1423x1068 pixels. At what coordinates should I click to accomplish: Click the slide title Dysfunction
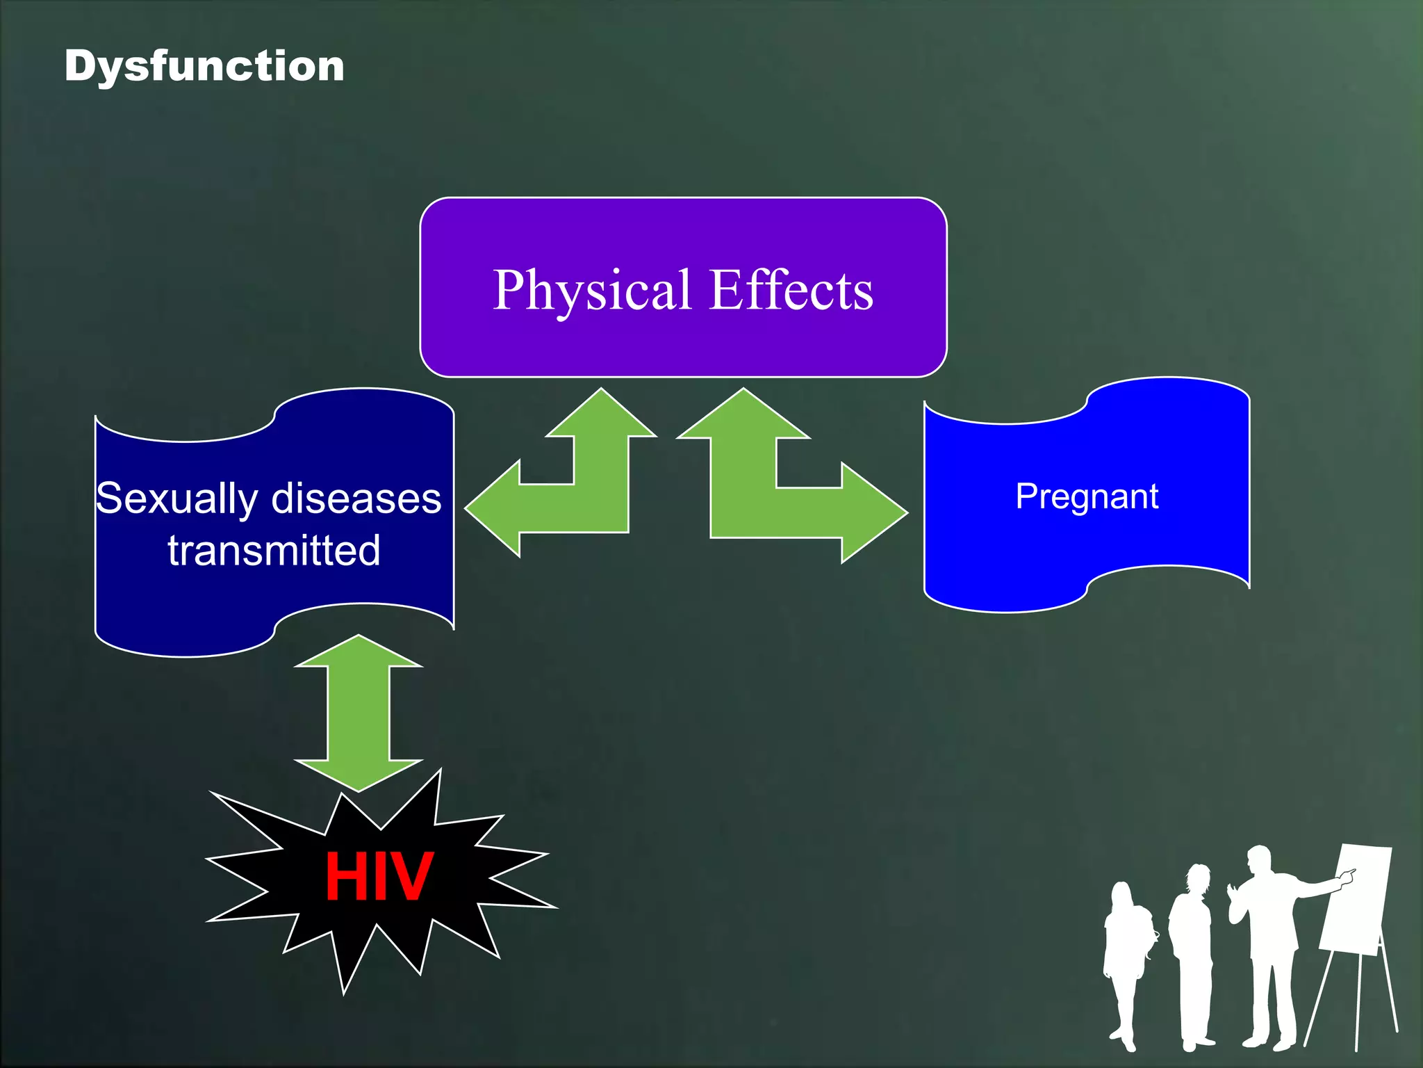204,67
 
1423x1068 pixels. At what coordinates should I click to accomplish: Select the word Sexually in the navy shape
177,499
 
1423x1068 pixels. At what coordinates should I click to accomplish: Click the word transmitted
274,551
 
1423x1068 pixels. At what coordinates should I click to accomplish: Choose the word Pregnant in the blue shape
1087,496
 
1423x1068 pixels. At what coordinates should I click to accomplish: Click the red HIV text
379,877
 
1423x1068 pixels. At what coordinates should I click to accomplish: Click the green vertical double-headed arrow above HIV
359,712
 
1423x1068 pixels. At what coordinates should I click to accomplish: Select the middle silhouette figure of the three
1192,953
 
